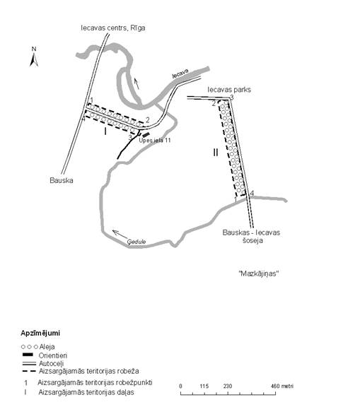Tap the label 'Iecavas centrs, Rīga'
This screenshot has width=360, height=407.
[113, 28]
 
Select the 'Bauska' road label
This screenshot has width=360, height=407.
[62, 180]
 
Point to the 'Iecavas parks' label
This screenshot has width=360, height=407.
[229, 90]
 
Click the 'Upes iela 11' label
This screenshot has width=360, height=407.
[155, 141]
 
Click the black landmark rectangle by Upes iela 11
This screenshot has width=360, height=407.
[146, 135]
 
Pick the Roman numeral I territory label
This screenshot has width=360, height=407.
[105, 132]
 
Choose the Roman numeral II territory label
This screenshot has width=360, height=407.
[216, 153]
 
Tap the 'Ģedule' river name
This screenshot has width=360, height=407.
[137, 242]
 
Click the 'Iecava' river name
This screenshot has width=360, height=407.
[180, 73]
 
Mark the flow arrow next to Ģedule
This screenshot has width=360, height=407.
[120, 233]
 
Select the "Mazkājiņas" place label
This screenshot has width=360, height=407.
[258, 273]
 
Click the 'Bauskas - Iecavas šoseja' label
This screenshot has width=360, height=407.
[251, 237]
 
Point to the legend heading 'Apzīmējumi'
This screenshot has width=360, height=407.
[40, 334]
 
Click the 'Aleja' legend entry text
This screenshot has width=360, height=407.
[47, 347]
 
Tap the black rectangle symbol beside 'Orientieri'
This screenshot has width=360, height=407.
[28, 355]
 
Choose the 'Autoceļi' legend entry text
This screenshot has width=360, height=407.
[51, 364]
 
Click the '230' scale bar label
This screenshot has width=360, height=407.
[228, 387]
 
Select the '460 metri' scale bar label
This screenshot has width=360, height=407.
[281, 387]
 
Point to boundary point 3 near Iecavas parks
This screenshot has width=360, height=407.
[232, 98]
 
